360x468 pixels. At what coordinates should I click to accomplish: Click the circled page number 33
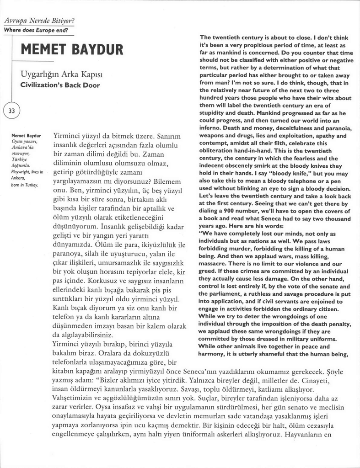[x=12, y=111]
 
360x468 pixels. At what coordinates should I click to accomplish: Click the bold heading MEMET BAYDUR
[x=72, y=49]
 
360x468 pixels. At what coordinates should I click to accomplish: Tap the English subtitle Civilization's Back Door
[x=60, y=85]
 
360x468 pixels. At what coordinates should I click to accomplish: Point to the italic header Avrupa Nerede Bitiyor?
[x=39, y=21]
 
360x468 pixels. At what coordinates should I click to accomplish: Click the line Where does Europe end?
[x=36, y=30]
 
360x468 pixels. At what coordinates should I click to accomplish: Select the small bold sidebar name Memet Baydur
[x=26, y=136]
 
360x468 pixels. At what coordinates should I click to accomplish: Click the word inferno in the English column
[x=213, y=128]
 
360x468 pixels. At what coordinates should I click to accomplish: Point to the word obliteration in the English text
[x=220, y=150]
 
